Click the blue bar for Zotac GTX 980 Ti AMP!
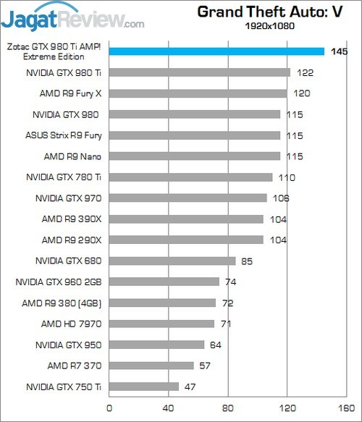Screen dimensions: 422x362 [x=216, y=51]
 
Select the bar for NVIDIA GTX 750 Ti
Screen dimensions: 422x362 [x=144, y=387]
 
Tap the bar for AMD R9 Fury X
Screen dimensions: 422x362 [x=198, y=93]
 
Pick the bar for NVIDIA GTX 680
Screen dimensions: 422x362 [x=172, y=261]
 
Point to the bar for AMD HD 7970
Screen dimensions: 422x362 [x=161, y=324]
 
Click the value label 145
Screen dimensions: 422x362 [x=337, y=51]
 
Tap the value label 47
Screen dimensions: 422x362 [x=190, y=387]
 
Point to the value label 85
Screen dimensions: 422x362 [x=247, y=261]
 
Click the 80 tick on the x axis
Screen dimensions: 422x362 [x=228, y=408]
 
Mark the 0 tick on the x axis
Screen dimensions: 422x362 [x=109, y=408]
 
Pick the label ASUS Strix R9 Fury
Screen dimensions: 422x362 [x=63, y=135]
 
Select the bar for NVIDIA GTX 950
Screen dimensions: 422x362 [x=156, y=345]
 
